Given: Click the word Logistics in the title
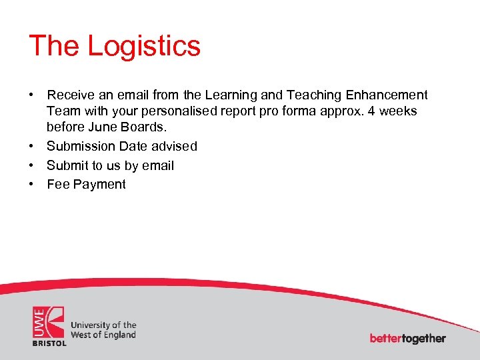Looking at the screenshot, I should pyautogui.click(x=144, y=47).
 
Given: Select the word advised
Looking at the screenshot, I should pyautogui.click(x=175, y=146).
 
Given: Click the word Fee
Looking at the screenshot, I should pyautogui.click(x=58, y=185).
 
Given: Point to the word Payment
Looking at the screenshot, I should pyautogui.click(x=99, y=185).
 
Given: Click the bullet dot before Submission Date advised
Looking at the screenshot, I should pyautogui.click(x=32, y=146).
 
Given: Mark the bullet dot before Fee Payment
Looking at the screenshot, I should pyautogui.click(x=32, y=185).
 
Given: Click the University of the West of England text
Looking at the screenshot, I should pyautogui.click(x=103, y=330).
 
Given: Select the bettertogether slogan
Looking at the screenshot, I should pyautogui.click(x=407, y=339).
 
